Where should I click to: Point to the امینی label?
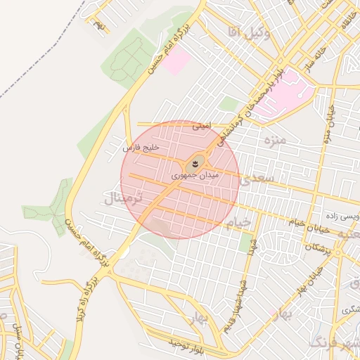(201, 127)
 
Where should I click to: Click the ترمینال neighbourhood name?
(122, 198)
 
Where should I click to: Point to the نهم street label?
(100, 27)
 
